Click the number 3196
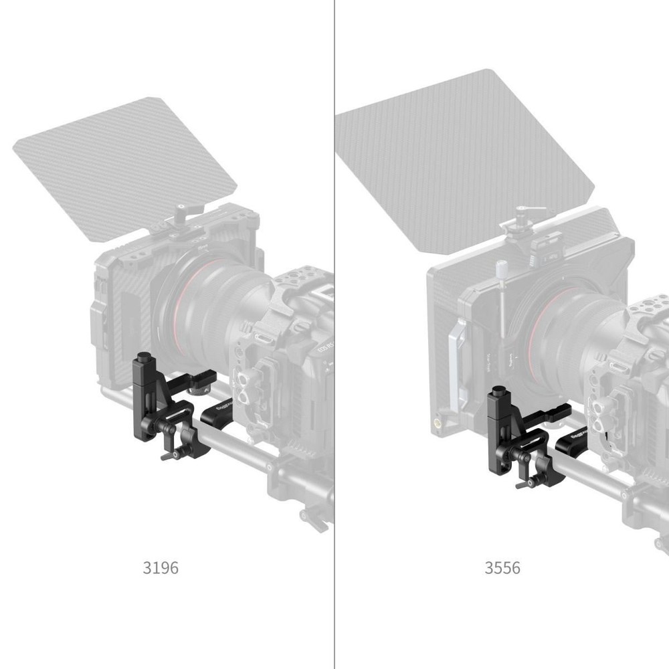(x=161, y=568)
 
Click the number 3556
(x=502, y=568)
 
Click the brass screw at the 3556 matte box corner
(x=439, y=423)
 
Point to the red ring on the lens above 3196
(x=179, y=294)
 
